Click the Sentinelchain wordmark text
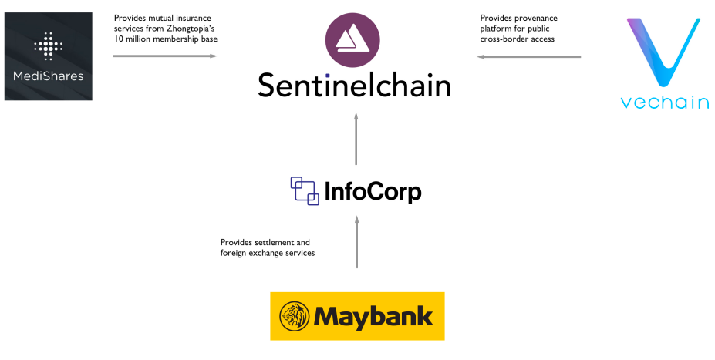point(354,85)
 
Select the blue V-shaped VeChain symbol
point(666,55)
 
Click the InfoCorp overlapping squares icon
point(304,190)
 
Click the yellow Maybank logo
point(357,316)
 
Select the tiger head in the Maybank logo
point(294,317)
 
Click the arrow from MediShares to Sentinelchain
point(165,56)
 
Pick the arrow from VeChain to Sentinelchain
point(529,56)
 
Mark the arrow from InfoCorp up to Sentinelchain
point(356,138)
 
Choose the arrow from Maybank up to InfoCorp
point(356,242)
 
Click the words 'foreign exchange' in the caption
point(249,253)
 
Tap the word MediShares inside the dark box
point(48,76)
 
